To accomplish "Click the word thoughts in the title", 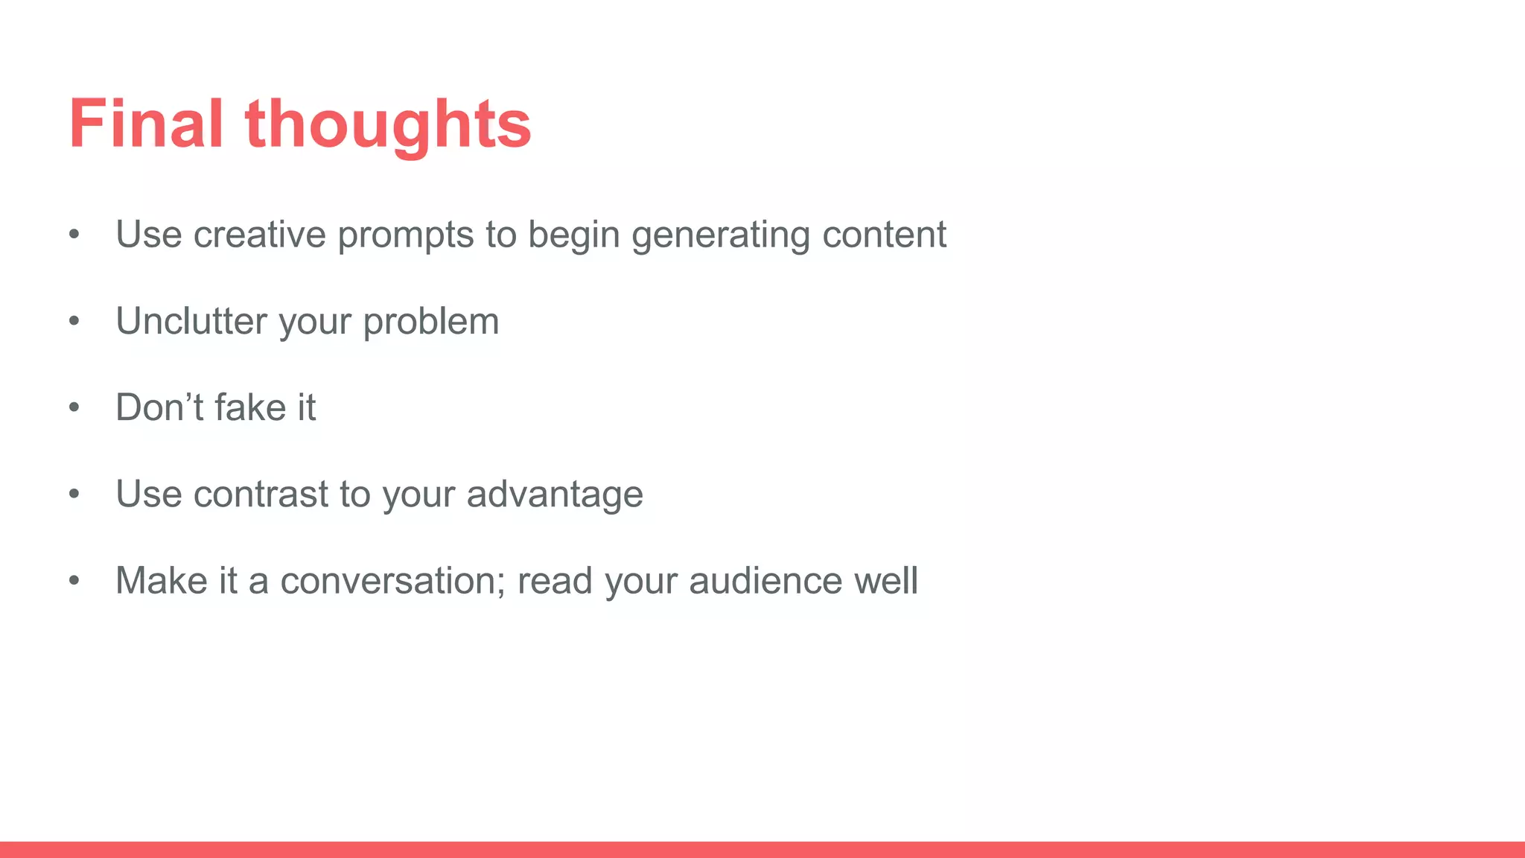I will tap(388, 125).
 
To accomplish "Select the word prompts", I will tap(406, 236).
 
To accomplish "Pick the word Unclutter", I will tap(191, 321).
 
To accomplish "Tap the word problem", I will tap(431, 322).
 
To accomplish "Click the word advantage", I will tap(555, 495).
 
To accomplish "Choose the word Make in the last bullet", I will tap(162, 580).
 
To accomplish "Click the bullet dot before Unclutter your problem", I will tap(74, 322).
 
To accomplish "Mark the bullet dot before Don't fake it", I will tap(74, 408).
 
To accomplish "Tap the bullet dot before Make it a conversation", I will tap(74, 581).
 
